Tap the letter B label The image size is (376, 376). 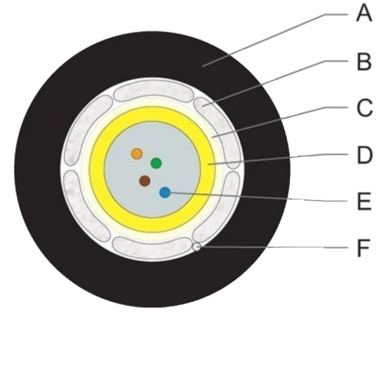pyautogui.click(x=364, y=62)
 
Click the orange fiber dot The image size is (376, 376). pyautogui.click(x=137, y=154)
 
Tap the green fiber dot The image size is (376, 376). pyautogui.click(x=156, y=163)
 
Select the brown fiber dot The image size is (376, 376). pyautogui.click(x=145, y=181)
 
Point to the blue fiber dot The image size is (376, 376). pyautogui.click(x=165, y=193)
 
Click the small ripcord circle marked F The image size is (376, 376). pyautogui.click(x=197, y=247)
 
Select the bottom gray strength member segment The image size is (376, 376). pyautogui.click(x=153, y=247)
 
